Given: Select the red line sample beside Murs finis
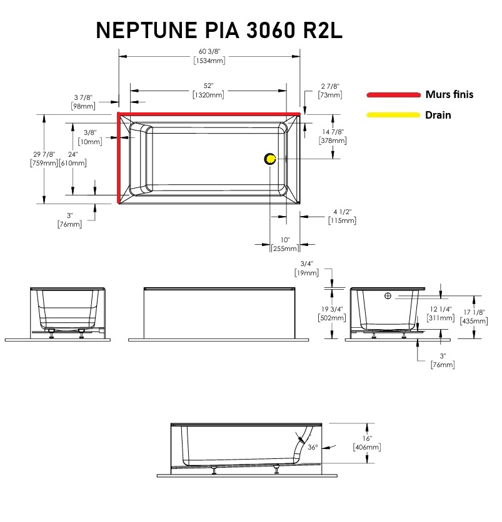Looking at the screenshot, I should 393,95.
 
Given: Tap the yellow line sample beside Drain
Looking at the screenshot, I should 393,115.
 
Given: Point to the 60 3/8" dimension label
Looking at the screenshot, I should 209,51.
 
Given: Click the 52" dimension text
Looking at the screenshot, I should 209,86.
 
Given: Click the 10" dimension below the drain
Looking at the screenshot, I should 285,240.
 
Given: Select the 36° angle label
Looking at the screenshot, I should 313,447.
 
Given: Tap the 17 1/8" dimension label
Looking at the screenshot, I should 474,312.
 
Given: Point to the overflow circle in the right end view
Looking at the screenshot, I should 388,296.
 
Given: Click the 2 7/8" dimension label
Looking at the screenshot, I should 330,86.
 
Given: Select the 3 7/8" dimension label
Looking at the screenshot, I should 83,97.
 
